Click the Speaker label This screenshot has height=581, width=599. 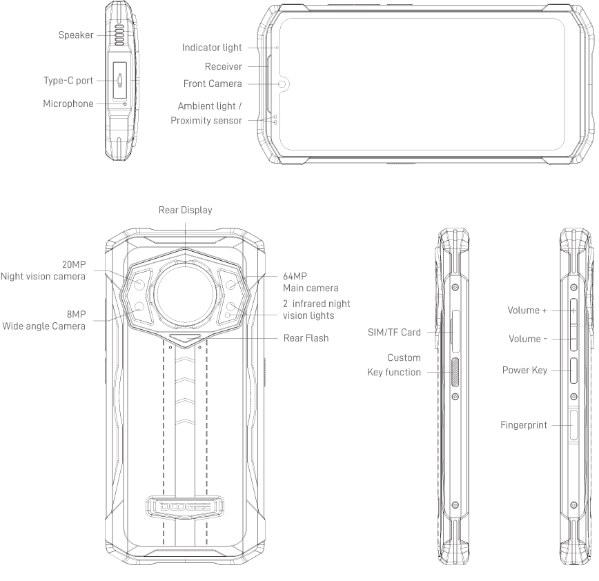pos(76,35)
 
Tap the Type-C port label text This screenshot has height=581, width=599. pos(68,81)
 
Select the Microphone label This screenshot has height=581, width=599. pos(68,104)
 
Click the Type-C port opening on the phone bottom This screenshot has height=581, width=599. pos(120,80)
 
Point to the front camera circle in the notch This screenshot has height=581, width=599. pos(283,84)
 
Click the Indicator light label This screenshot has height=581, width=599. pos(212,48)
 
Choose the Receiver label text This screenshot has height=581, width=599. pos(224,66)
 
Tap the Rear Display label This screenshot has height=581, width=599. pos(185,210)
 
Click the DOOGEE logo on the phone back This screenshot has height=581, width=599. pos(185,506)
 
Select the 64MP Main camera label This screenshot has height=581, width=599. pos(311,282)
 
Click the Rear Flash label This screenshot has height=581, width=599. pos(306,338)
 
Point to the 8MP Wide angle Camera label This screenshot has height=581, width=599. pos(44,320)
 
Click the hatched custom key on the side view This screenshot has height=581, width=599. pos(455,373)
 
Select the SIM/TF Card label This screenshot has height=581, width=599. pos(394,333)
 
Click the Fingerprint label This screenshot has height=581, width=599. pos(524,425)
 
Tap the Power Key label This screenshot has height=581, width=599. pos(525,370)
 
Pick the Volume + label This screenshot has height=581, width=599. pos(527,311)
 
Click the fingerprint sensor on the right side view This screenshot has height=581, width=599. pos(573,425)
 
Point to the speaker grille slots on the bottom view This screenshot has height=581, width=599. pos(119,35)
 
